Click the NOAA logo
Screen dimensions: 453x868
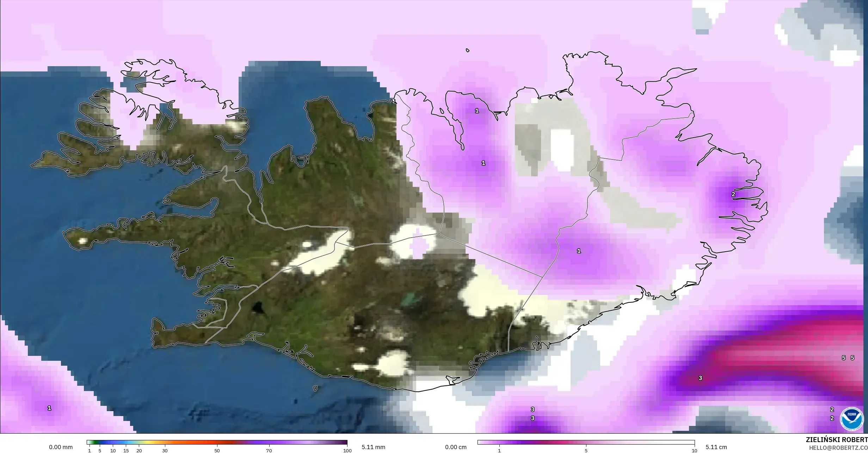[x=851, y=419]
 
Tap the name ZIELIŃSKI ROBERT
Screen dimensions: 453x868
[x=837, y=440]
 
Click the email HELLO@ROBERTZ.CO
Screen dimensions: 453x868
[x=838, y=448]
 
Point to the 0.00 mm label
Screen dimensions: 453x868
[x=61, y=447]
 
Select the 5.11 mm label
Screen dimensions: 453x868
[x=373, y=447]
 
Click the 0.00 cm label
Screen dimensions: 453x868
[x=456, y=447]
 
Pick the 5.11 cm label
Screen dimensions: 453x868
[x=716, y=447]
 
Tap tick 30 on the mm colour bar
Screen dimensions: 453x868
[x=165, y=451]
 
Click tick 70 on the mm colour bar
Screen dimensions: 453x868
[x=269, y=451]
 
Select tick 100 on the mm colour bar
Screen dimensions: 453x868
[x=347, y=451]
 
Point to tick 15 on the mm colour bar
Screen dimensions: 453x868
[x=126, y=451]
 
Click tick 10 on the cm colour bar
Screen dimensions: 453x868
[x=694, y=451]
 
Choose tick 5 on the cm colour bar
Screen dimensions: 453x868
[x=586, y=451]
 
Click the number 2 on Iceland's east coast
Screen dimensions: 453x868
[x=733, y=194]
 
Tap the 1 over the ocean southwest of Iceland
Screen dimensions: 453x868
[x=49, y=408]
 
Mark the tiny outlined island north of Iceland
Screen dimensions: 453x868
[x=468, y=50]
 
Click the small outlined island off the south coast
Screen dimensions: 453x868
[x=315, y=389]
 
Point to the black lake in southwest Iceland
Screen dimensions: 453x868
[x=258, y=308]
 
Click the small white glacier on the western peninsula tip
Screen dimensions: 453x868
[x=83, y=241]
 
